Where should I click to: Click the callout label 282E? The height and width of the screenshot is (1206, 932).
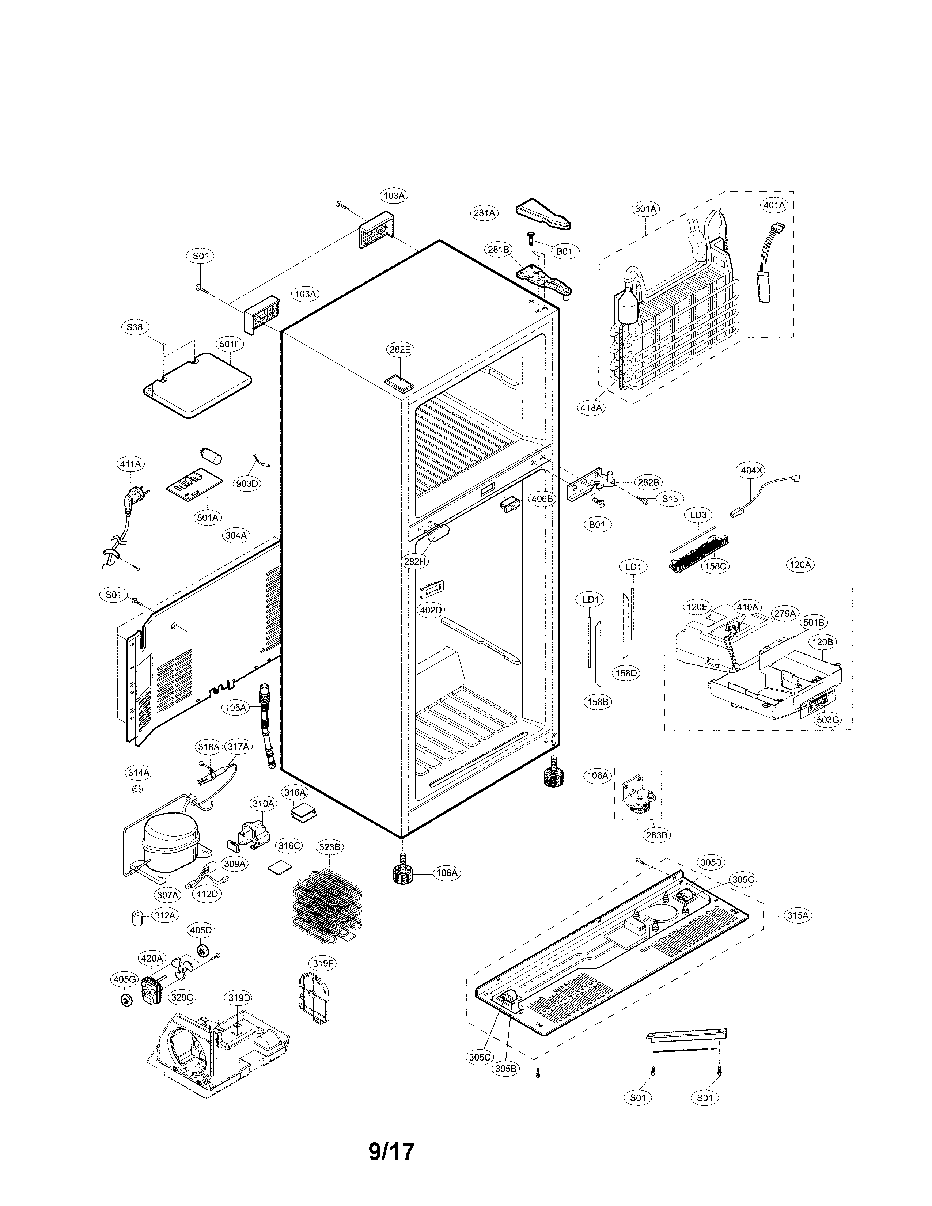(x=400, y=349)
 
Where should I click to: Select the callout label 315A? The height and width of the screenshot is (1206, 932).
(x=798, y=915)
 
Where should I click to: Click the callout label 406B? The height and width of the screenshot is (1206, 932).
(x=542, y=498)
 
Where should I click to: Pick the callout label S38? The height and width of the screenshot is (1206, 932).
(x=134, y=327)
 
